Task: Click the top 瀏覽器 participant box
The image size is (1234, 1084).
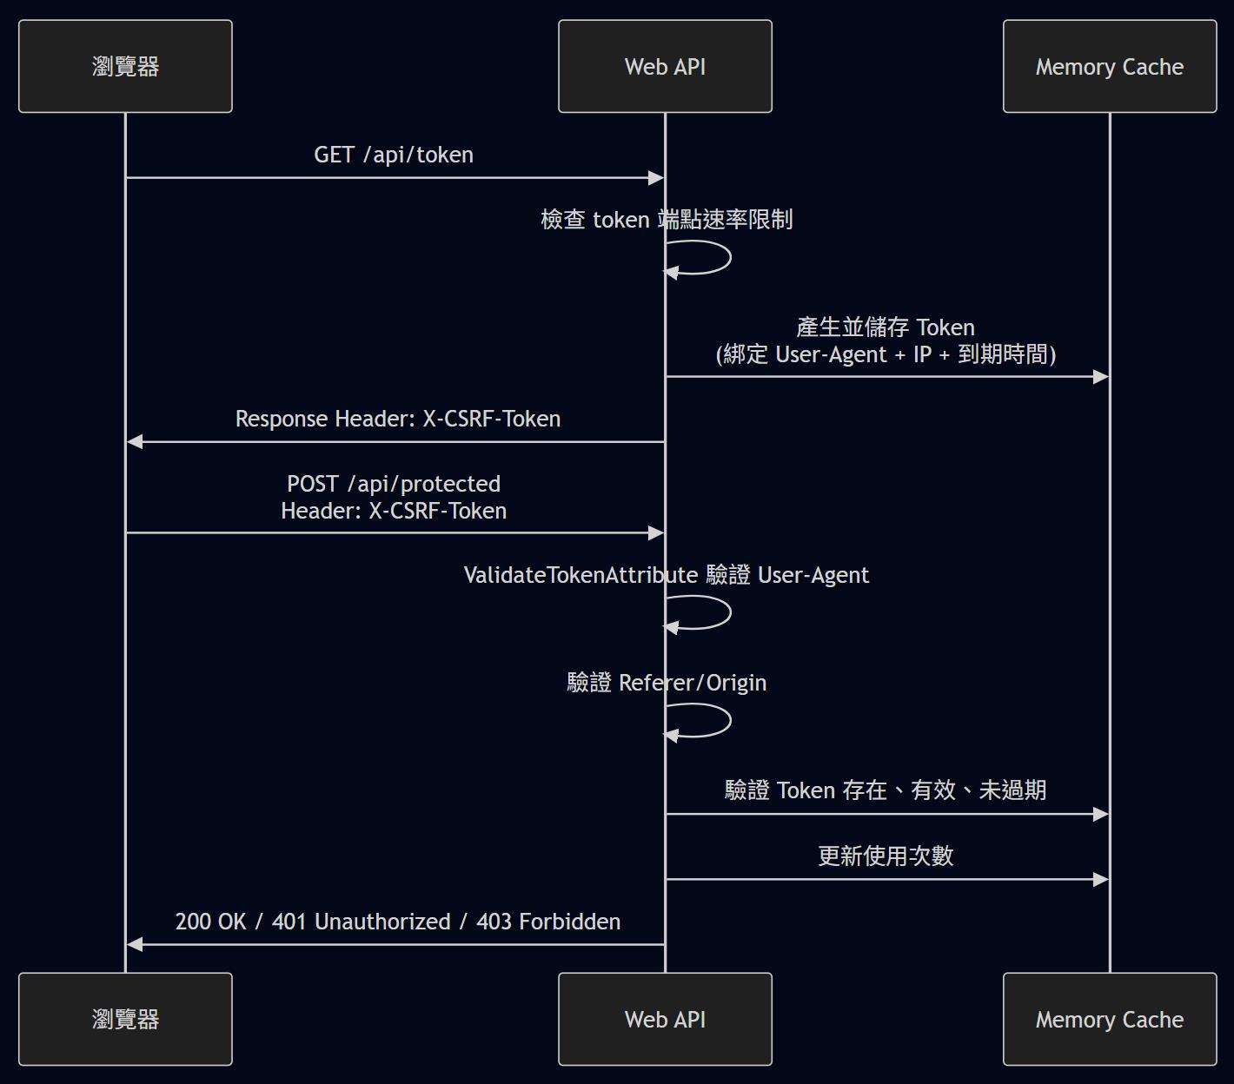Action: pos(125,66)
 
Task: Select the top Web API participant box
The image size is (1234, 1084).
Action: pos(665,66)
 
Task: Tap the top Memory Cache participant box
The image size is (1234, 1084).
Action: pos(1110,66)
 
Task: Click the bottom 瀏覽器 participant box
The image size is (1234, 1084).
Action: pos(125,1019)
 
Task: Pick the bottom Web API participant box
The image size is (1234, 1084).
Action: pos(665,1019)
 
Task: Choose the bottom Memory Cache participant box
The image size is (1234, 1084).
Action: pos(1110,1019)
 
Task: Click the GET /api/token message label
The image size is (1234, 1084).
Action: pos(394,155)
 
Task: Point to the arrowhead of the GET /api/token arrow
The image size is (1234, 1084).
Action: pos(657,178)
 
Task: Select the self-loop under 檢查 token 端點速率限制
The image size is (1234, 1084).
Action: pos(730,258)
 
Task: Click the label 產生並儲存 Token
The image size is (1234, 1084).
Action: pos(886,327)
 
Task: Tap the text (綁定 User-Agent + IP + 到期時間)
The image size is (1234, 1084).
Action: pos(886,354)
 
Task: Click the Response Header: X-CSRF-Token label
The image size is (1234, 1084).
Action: pos(398,419)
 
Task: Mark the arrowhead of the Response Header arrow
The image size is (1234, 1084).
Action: pos(134,441)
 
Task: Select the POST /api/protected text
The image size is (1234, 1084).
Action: pos(394,484)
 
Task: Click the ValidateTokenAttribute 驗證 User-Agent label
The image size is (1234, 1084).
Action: pos(667,575)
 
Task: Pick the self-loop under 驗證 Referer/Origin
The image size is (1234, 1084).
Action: pos(730,720)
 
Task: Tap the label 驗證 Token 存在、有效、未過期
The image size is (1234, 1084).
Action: pos(886,790)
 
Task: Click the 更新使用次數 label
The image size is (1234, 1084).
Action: pos(886,856)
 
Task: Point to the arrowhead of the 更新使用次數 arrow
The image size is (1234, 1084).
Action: pos(1101,879)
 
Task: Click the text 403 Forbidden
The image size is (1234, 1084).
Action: pos(548,922)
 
